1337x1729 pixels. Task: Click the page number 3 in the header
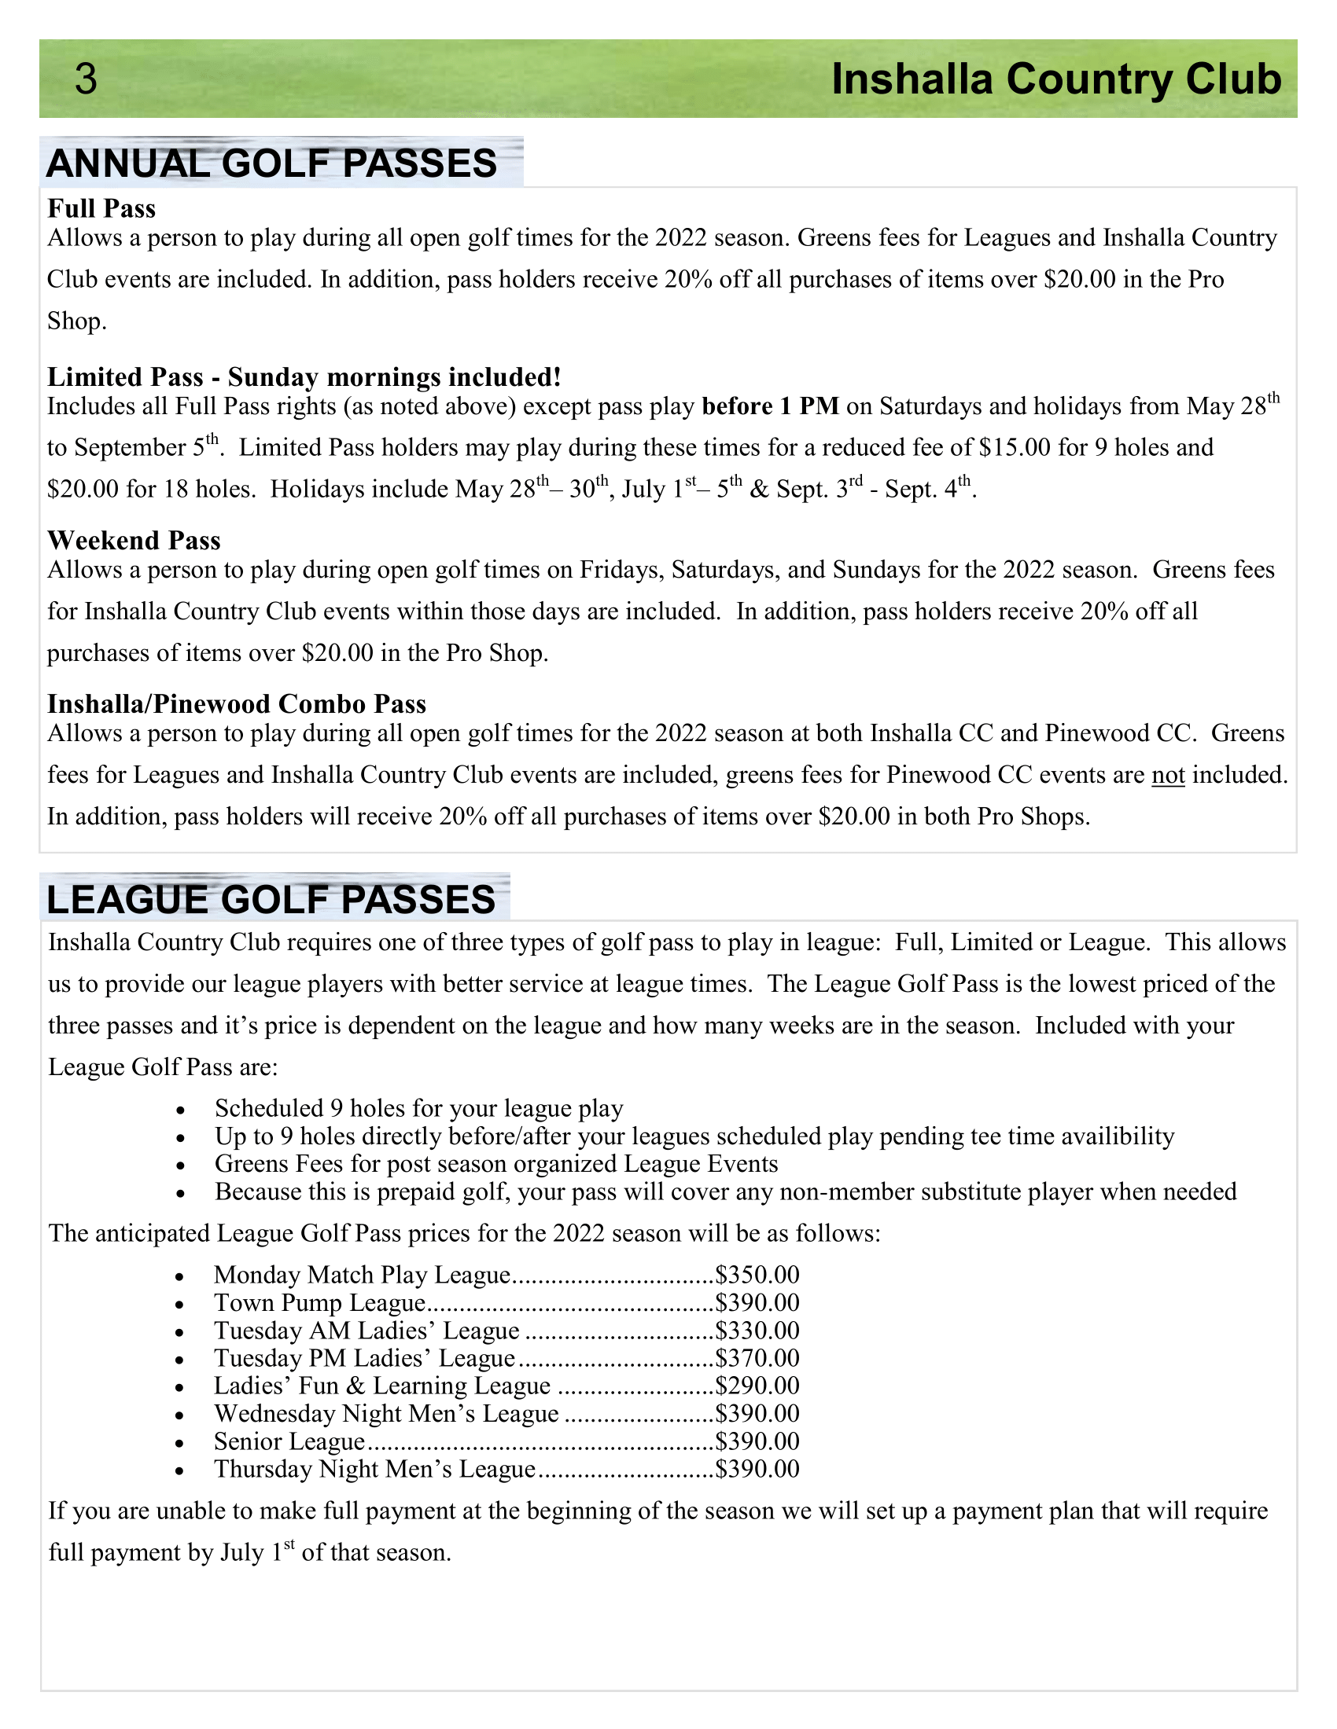coord(86,79)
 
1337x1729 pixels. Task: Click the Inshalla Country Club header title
coord(1055,79)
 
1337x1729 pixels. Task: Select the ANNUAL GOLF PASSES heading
coord(271,164)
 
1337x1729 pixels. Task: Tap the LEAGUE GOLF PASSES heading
coord(271,900)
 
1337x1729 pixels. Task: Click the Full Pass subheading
coord(101,208)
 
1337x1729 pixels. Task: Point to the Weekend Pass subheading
coord(134,540)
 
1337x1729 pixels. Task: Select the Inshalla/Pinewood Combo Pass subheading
coord(236,704)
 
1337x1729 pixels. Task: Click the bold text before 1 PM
coord(770,406)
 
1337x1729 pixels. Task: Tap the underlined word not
coord(1167,774)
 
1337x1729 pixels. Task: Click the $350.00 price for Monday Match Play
coord(757,1275)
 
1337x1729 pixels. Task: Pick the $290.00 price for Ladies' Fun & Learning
coord(757,1386)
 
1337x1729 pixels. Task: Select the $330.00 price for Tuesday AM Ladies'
coord(757,1330)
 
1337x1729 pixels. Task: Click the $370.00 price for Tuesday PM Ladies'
coord(757,1358)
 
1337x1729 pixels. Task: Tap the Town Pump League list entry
coord(319,1302)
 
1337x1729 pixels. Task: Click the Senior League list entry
coord(289,1441)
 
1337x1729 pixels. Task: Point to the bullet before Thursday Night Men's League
coord(182,1471)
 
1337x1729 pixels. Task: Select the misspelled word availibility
coord(1117,1136)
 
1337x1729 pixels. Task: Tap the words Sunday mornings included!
coord(395,376)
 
